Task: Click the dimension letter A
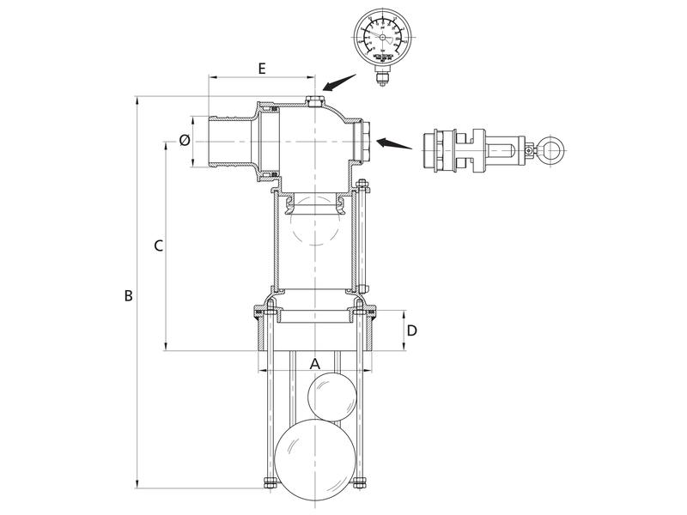(x=315, y=363)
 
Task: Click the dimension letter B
(x=127, y=296)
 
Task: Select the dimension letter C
(x=157, y=246)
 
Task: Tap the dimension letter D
(x=412, y=330)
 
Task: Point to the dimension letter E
(x=261, y=67)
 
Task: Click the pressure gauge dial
(x=381, y=39)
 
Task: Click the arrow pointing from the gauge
(x=338, y=82)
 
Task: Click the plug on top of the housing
(x=313, y=103)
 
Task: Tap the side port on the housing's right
(x=365, y=142)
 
